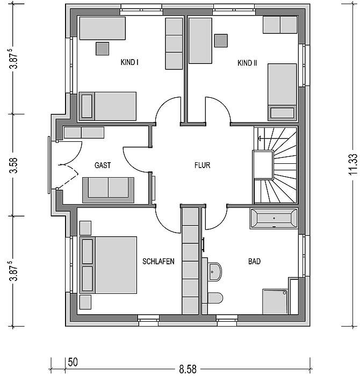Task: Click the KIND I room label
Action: pyautogui.click(x=129, y=62)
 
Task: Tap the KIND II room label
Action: pyautogui.click(x=247, y=63)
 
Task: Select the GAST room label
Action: pyautogui.click(x=103, y=165)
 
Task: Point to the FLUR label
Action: pyautogui.click(x=202, y=165)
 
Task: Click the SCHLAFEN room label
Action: pyautogui.click(x=159, y=262)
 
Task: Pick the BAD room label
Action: pyautogui.click(x=254, y=262)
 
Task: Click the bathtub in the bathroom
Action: pyautogui.click(x=273, y=219)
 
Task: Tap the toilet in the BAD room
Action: pyautogui.click(x=215, y=298)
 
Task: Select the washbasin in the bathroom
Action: pyautogui.click(x=215, y=272)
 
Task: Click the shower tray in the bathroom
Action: pyautogui.click(x=275, y=301)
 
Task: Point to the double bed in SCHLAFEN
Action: pyautogui.click(x=108, y=265)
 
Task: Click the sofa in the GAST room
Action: pyautogui.click(x=108, y=190)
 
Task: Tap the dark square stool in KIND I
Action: pyautogui.click(x=103, y=49)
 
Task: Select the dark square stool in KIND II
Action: pyautogui.click(x=221, y=40)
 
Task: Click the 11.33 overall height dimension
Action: pyautogui.click(x=353, y=165)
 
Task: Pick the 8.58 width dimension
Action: pyautogui.click(x=188, y=369)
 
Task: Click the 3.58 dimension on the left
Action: pyautogui.click(x=15, y=165)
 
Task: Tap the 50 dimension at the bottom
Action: pyautogui.click(x=73, y=363)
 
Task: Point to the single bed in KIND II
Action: pyautogui.click(x=282, y=92)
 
